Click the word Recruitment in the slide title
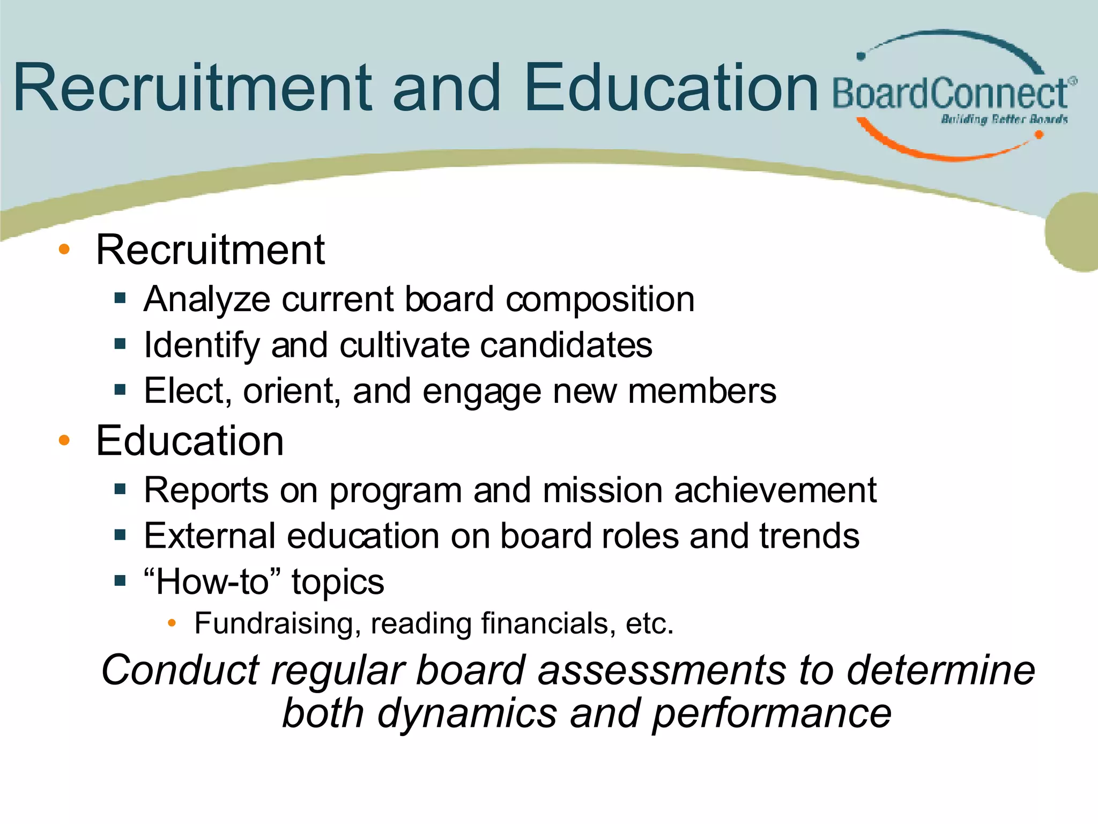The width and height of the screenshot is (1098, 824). (193, 89)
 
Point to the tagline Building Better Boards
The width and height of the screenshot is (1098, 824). (1004, 119)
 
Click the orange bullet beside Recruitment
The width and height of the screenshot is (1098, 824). (64, 249)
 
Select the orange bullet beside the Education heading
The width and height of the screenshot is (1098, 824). (64, 440)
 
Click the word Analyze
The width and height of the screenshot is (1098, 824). (207, 299)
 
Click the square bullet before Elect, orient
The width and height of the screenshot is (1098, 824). (120, 389)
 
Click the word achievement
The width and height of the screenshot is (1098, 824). (775, 490)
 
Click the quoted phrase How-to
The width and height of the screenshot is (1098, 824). (212, 582)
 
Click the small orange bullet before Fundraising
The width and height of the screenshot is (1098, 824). (172, 623)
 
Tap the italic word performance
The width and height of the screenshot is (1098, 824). (772, 713)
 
